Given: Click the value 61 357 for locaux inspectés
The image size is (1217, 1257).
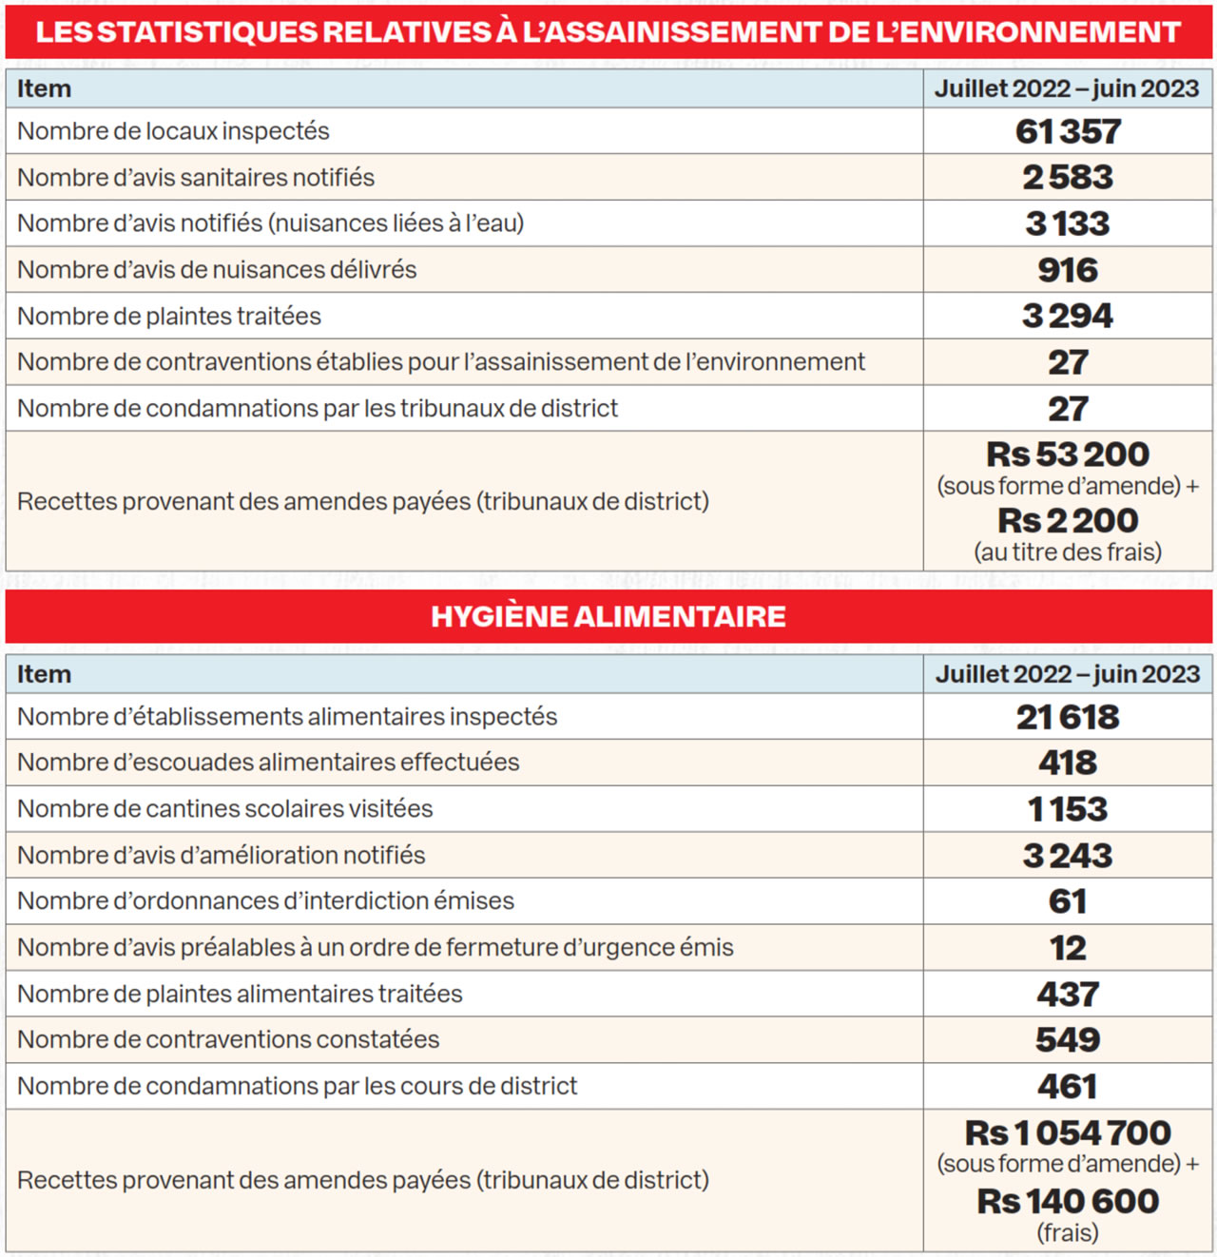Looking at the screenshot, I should pos(1068,131).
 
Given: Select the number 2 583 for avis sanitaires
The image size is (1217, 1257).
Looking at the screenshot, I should pos(1068,178).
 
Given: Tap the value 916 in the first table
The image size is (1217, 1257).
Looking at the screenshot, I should pos(1068,270).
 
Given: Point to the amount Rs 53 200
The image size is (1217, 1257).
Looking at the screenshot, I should pos(1068,454).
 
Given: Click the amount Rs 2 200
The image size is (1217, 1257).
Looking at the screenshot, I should pos(1068,521).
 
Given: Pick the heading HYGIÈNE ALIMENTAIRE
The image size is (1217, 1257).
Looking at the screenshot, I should pos(608,616).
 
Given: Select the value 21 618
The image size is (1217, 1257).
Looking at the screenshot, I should pos(1068,717).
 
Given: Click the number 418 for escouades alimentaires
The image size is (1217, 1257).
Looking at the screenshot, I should pos(1068,763).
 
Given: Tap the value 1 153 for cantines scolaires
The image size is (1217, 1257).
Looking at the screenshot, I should pos(1068,809).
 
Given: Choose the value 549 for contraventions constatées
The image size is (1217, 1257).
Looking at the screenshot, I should pos(1068,1040).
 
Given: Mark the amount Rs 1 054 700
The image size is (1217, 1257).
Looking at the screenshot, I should pos(1068,1133).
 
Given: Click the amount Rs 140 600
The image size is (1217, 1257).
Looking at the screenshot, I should pos(1068,1202).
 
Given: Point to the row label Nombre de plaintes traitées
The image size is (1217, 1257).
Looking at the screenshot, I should pos(169,316).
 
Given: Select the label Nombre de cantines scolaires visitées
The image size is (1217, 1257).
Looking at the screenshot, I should pos(225,809).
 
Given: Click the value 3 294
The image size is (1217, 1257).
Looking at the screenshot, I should pos(1068,316).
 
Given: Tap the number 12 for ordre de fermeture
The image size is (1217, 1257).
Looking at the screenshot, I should pos(1068,948).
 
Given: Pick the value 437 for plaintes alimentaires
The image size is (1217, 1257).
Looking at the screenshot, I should pos(1068,995).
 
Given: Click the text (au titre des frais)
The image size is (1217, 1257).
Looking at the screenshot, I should pos(1068,552).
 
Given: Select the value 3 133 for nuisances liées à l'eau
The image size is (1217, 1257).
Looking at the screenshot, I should pos(1068,223).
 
